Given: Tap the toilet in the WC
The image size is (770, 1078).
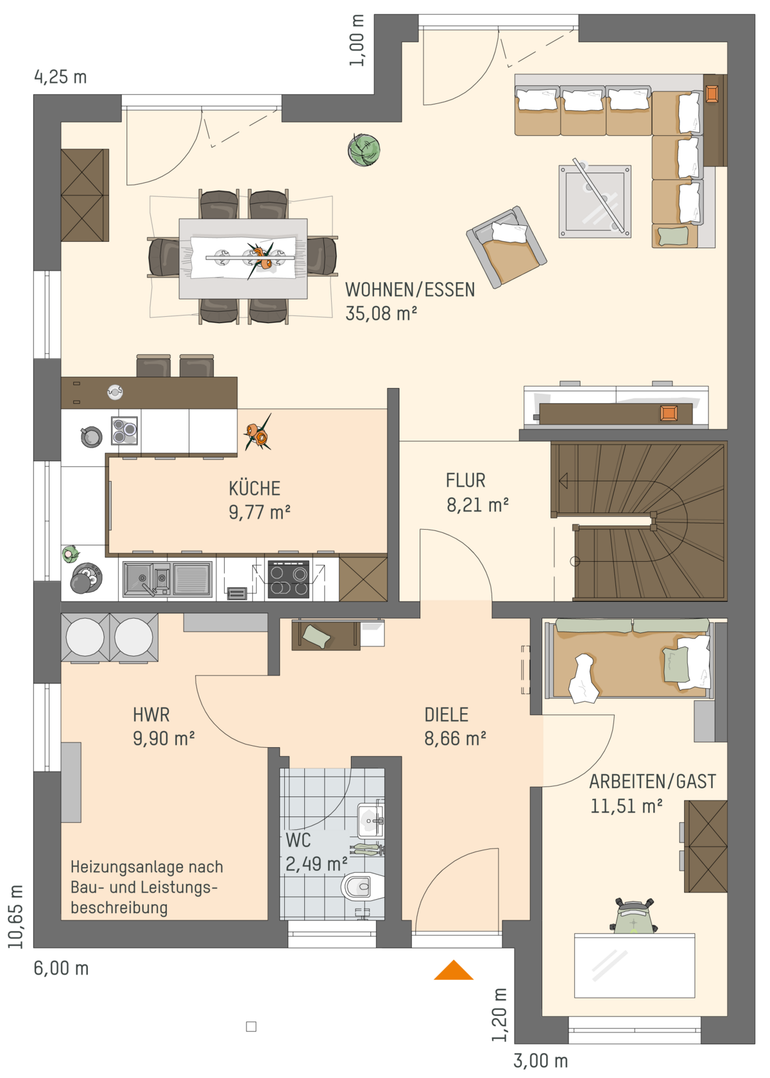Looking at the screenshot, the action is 362,886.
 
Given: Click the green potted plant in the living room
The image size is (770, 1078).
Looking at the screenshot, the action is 364,149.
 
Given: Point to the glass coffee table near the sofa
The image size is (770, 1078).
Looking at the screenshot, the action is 595,201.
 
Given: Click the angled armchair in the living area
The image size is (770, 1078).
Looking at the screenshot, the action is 506,247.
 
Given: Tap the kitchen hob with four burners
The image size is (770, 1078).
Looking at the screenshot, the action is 289,579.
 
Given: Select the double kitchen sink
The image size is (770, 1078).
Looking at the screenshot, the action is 167,579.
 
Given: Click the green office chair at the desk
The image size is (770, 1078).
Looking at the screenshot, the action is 634,916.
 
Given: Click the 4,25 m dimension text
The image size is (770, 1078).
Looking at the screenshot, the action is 61,77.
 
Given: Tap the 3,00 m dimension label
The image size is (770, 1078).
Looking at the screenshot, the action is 541,1061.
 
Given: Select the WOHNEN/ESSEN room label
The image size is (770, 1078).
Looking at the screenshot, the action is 410,290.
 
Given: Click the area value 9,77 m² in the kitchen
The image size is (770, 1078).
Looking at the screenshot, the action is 260,512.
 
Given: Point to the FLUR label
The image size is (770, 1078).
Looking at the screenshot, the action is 465,480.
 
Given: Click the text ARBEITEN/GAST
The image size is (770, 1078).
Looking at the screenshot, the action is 653,782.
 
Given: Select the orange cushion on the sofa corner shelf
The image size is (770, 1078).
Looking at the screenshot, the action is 712,94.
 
